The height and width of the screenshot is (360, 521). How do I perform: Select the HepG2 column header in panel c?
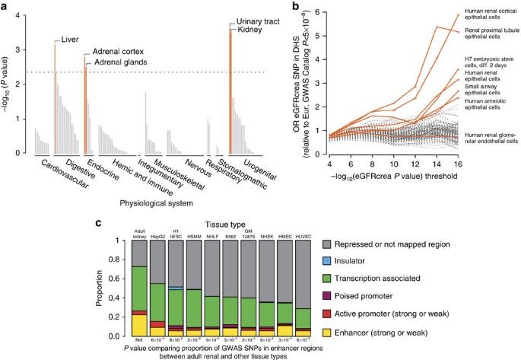pyautogui.click(x=159, y=234)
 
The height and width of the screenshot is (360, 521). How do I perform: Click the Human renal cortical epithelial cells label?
pyautogui.click(x=485, y=18)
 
